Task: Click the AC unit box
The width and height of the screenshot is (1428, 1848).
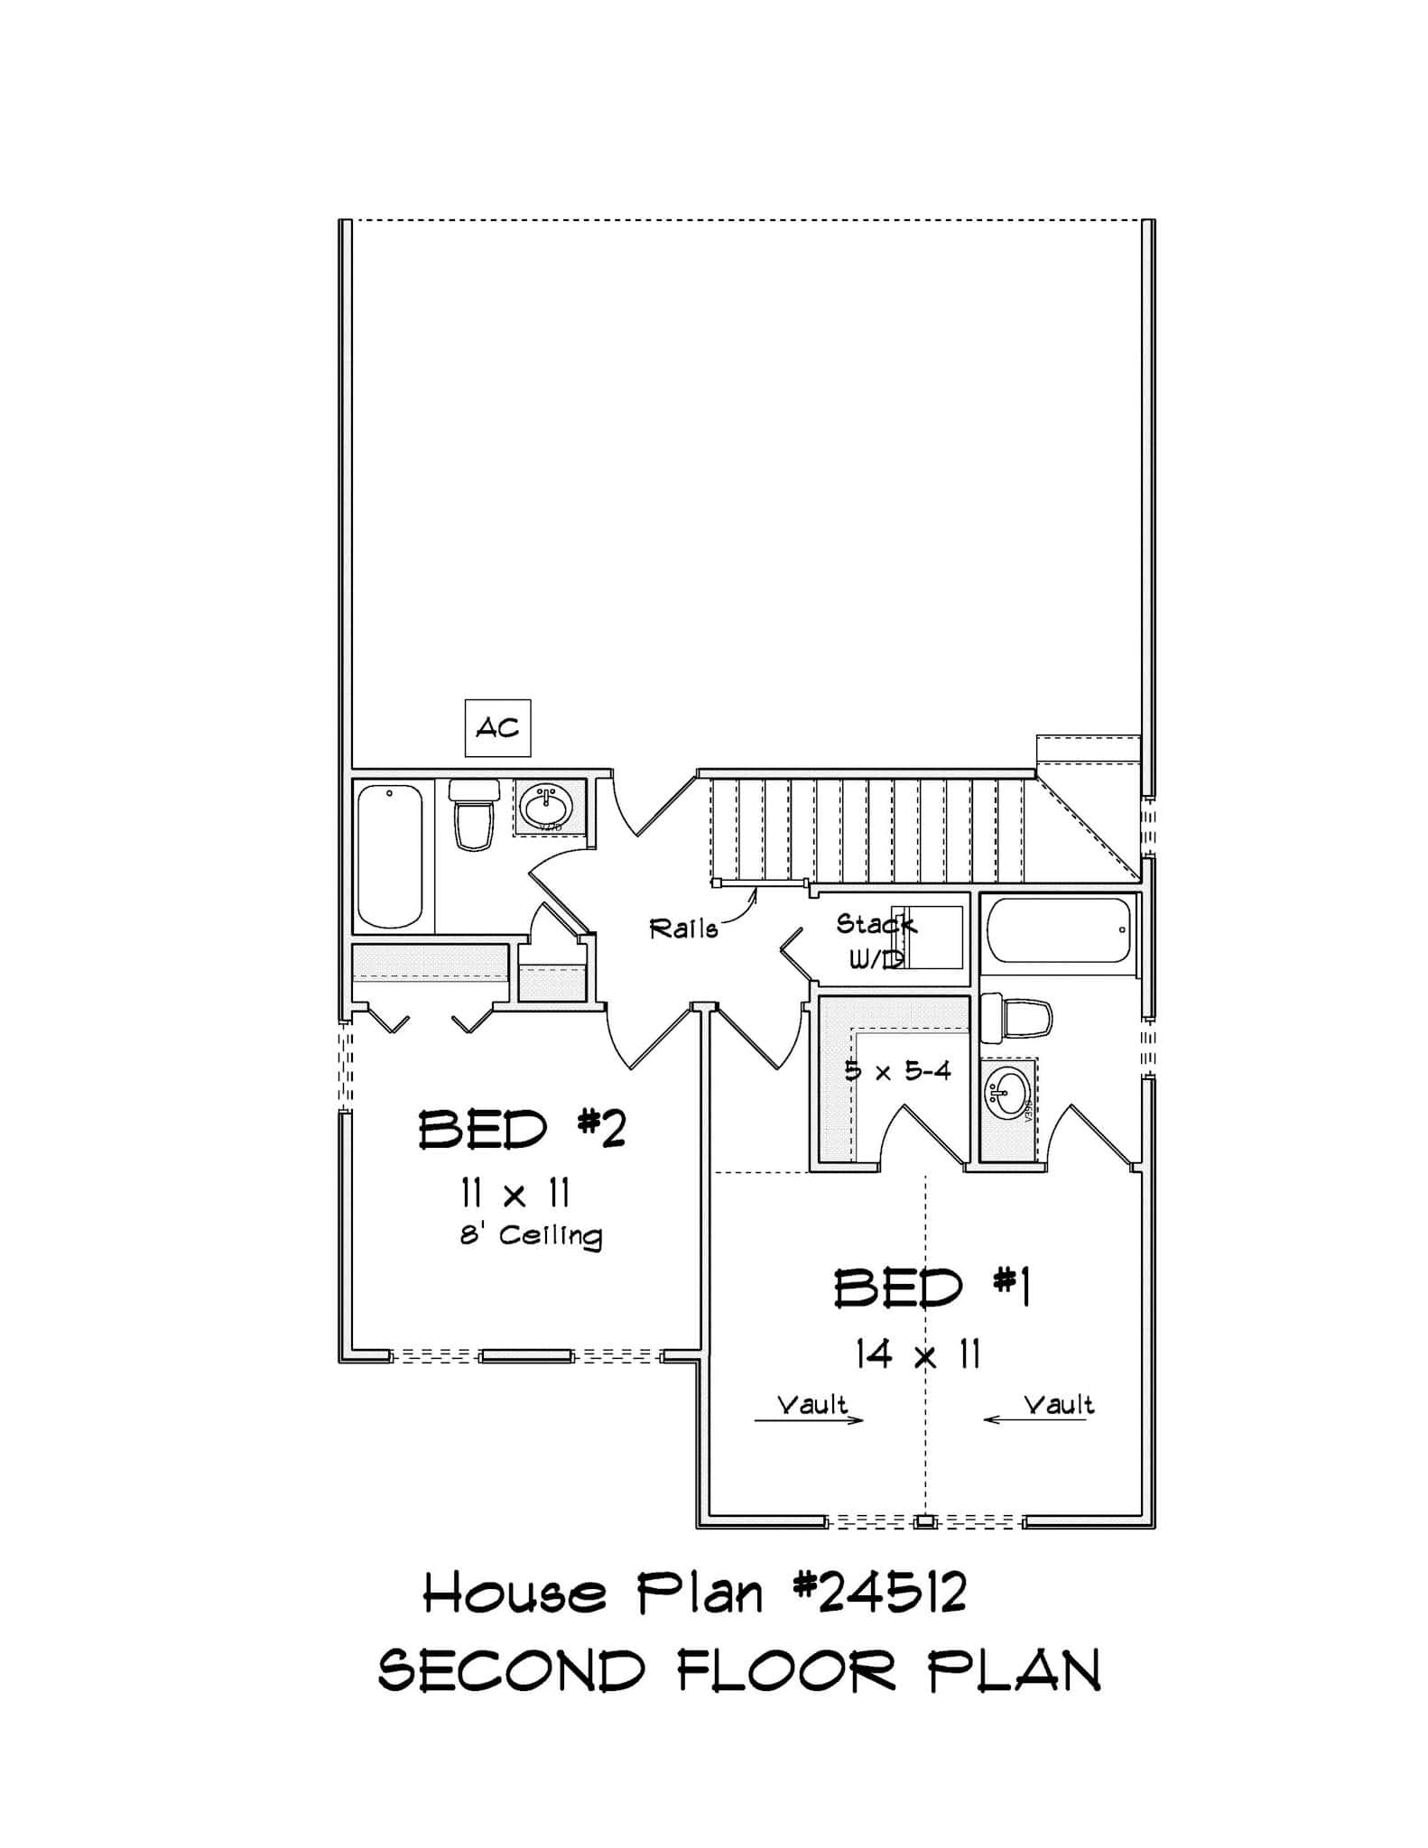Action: click(497, 727)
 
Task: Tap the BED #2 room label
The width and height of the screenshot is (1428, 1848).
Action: click(522, 1130)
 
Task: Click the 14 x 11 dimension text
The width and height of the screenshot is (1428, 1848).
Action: click(918, 1356)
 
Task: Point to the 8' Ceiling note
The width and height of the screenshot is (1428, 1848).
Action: click(531, 1235)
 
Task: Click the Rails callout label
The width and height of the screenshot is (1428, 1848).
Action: click(683, 929)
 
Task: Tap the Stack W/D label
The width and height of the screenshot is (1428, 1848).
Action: click(874, 939)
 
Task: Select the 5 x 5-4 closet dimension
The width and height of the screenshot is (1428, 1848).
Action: click(897, 1071)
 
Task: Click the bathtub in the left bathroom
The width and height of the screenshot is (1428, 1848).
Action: click(389, 855)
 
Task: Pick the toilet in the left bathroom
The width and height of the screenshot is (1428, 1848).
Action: click(474, 815)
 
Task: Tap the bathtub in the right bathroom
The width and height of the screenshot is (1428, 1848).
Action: click(1059, 929)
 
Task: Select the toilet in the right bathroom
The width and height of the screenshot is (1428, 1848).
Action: click(1017, 1018)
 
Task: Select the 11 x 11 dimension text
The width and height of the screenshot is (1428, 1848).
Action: click(515, 1194)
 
